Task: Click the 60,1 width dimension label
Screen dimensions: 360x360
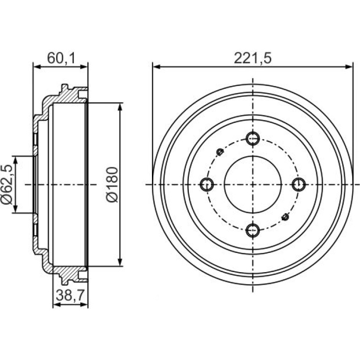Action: coord(61,58)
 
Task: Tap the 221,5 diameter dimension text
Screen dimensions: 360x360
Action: coord(252,58)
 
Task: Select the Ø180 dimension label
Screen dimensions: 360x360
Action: coord(112,185)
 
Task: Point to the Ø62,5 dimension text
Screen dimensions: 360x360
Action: coord(7,184)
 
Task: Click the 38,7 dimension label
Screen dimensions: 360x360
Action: coord(71,295)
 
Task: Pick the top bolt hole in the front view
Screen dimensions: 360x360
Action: coord(252,138)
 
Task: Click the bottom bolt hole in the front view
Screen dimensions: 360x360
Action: coord(252,230)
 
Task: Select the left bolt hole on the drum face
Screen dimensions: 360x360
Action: coord(207,184)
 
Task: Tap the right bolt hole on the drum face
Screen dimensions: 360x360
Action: coord(299,184)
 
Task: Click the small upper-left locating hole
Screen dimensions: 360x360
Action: coord(220,152)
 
